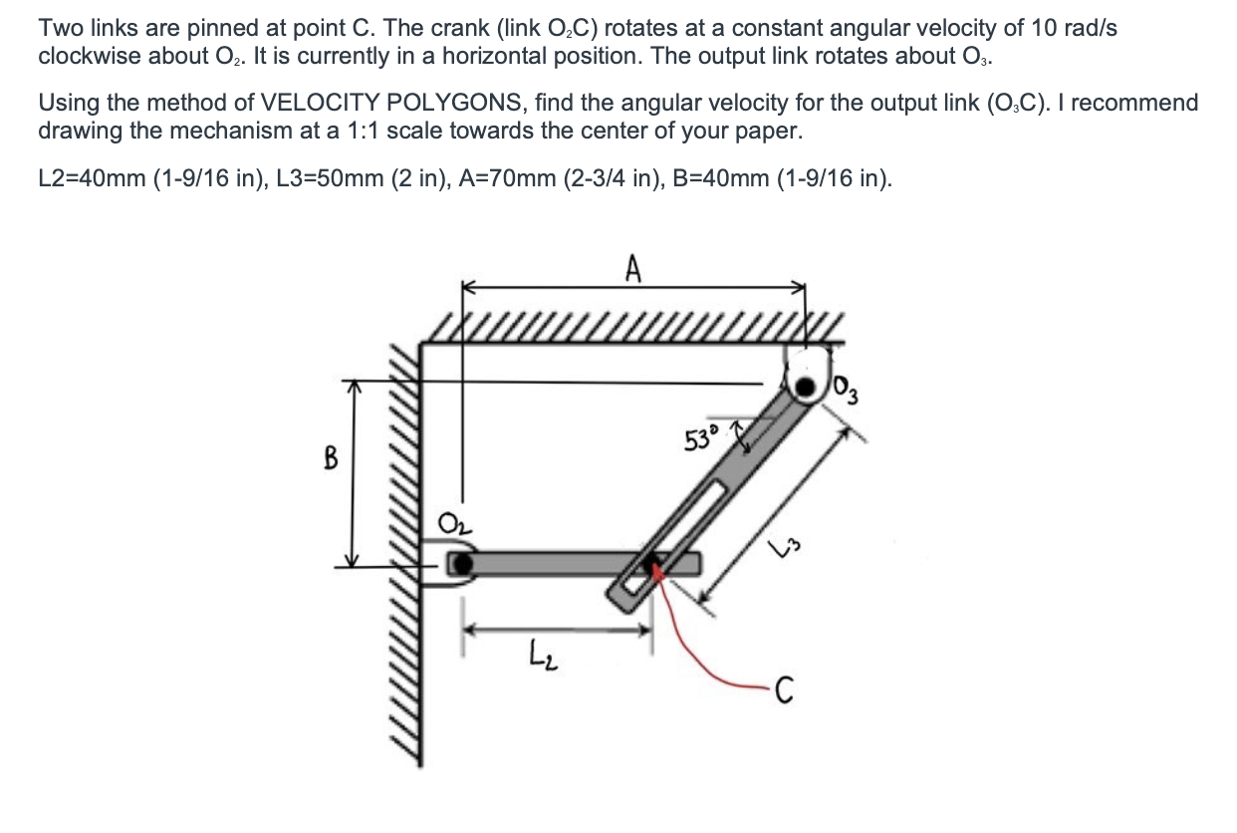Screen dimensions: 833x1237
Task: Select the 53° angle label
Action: click(703, 437)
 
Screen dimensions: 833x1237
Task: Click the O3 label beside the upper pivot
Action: click(845, 384)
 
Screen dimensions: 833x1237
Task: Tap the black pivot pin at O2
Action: click(460, 565)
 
